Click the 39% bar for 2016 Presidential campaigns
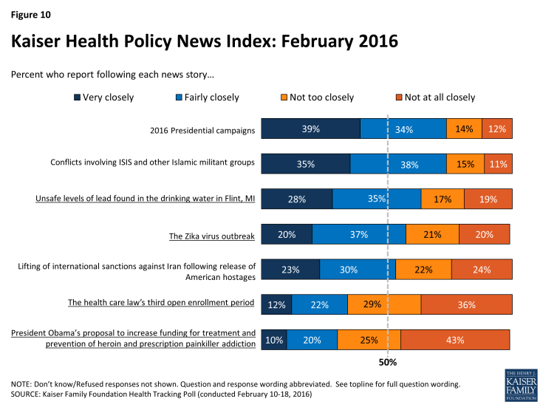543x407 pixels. point(311,129)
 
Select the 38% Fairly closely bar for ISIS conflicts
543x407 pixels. point(398,164)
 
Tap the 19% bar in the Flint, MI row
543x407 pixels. point(488,199)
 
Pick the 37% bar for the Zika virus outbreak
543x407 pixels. point(359,234)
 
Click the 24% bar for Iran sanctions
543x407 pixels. point(481,269)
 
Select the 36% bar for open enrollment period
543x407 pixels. point(466,304)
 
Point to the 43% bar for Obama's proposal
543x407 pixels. point(455,340)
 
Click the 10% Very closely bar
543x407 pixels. point(274,340)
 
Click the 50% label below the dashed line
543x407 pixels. point(388,362)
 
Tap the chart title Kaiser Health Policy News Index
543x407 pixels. point(205,41)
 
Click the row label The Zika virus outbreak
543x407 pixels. point(212,236)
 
